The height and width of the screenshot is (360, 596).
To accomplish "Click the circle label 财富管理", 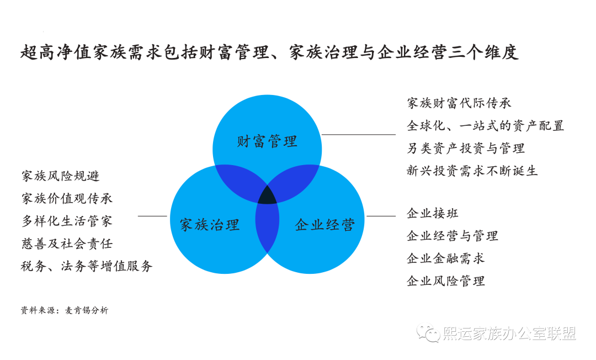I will pyautogui.click(x=267, y=141).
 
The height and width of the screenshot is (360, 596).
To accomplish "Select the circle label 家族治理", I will pyautogui.click(x=210, y=224).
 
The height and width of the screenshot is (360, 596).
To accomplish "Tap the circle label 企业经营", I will pyautogui.click(x=324, y=224).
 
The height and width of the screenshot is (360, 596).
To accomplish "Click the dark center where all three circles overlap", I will pyautogui.click(x=268, y=194).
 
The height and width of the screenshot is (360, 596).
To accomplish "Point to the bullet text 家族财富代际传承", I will pyautogui.click(x=459, y=103).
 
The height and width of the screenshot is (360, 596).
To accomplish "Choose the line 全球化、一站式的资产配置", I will pyautogui.click(x=486, y=125).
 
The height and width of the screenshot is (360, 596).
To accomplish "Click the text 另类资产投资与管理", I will pyautogui.click(x=466, y=148).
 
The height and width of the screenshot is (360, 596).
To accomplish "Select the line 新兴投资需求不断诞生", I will pyautogui.click(x=472, y=171).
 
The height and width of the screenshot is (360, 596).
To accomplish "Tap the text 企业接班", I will pyautogui.click(x=433, y=213).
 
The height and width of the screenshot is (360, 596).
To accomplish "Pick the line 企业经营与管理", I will pyautogui.click(x=453, y=236).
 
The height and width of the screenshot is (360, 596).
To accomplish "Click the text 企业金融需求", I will pyautogui.click(x=446, y=258).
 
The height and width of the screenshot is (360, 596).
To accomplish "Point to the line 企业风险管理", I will pyautogui.click(x=446, y=281).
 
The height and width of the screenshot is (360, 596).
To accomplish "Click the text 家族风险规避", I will pyautogui.click(x=61, y=176).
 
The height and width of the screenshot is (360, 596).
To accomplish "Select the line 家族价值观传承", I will pyautogui.click(x=67, y=198).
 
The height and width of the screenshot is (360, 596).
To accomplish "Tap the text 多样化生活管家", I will pyautogui.click(x=67, y=221).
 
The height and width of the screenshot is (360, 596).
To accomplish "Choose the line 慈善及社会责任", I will pyautogui.click(x=67, y=243).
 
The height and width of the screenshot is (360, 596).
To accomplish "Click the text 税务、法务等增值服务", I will pyautogui.click(x=87, y=266).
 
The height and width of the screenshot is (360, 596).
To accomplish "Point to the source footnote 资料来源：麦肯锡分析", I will pyautogui.click(x=65, y=310).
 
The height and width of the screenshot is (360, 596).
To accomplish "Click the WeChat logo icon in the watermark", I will pyautogui.click(x=428, y=333).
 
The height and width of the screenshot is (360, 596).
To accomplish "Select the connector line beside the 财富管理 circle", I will pyautogui.click(x=359, y=134).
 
